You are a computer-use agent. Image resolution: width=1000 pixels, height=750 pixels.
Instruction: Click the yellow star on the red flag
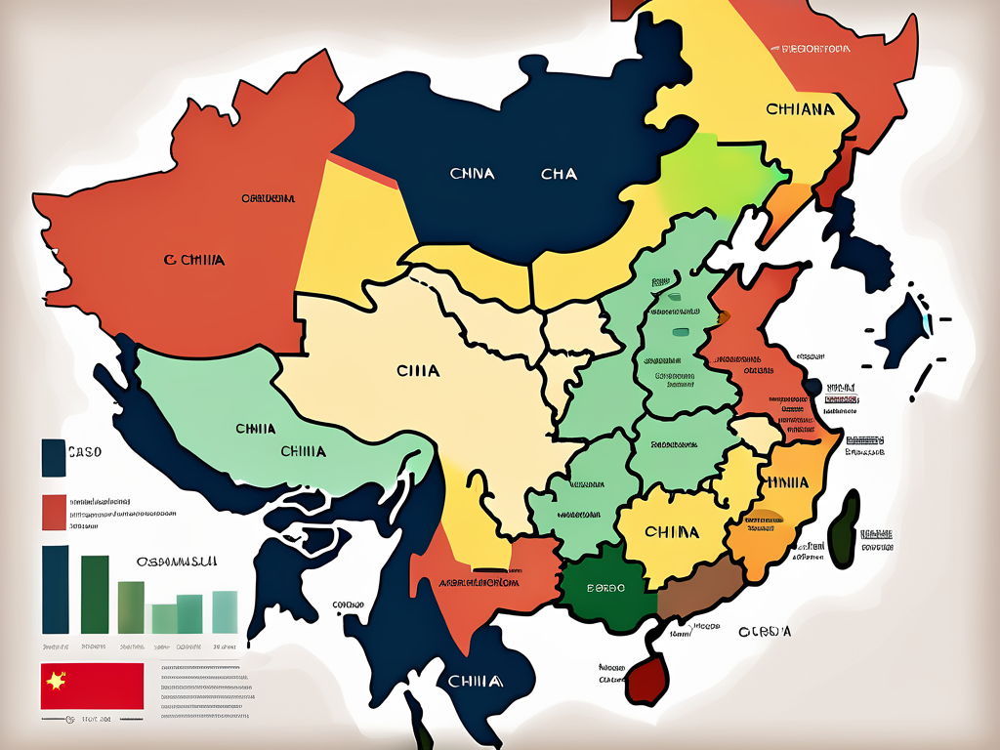coord(53,681)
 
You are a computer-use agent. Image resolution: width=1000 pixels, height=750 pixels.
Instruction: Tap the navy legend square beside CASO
coord(53,457)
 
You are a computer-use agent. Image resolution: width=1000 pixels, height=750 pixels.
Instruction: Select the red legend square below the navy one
coord(53,512)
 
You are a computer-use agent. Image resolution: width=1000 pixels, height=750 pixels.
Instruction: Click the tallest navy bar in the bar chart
coord(56,589)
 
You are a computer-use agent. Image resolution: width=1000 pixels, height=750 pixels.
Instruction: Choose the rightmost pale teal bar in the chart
coord(225,611)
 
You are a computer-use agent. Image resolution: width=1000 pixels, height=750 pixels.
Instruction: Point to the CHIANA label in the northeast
coord(800,109)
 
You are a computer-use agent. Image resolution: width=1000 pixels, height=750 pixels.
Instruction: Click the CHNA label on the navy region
coord(472,174)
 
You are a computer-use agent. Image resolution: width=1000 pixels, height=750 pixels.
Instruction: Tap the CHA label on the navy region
coord(559,174)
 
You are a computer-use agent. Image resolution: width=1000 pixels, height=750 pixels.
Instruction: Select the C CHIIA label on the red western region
coord(194,260)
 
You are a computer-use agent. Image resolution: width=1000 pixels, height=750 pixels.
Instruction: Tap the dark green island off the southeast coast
coord(843,527)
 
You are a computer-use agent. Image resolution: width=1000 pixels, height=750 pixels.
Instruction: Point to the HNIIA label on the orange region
coord(788,482)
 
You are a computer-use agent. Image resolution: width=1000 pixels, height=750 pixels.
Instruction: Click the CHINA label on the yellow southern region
coord(672,532)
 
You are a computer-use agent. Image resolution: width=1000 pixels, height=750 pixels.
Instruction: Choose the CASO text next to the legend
coord(85,452)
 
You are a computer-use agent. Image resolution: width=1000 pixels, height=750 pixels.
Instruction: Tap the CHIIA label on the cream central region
coord(418,371)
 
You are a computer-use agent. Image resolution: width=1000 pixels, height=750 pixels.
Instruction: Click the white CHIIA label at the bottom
coord(474,681)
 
